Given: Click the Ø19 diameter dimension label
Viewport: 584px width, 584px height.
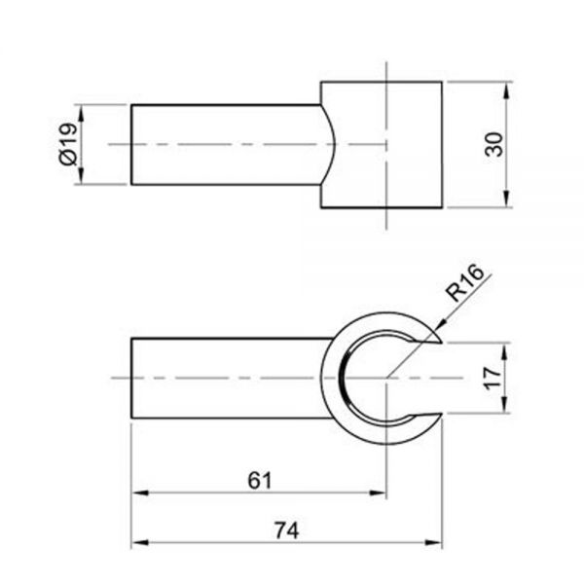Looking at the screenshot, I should pos(67,144).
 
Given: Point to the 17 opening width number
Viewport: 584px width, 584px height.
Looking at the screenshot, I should pos(493,376).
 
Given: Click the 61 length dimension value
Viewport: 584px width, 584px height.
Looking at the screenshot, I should pos(258,480).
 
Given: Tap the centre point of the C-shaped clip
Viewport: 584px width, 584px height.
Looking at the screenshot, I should pos(386,377).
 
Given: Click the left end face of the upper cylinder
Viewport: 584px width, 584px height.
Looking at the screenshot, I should pos(131,144).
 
